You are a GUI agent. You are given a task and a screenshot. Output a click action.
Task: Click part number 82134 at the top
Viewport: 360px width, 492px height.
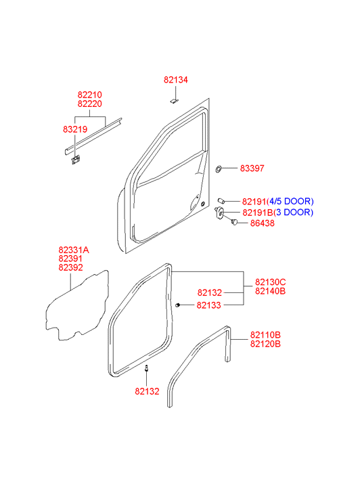click(x=176, y=80)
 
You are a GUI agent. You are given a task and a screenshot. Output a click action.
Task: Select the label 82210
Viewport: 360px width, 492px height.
click(x=90, y=95)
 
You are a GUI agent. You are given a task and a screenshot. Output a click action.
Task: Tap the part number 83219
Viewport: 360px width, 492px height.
click(x=75, y=129)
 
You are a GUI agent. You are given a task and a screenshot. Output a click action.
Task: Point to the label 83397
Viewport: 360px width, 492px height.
click(x=252, y=169)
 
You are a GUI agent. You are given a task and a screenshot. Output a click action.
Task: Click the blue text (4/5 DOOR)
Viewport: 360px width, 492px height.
click(x=290, y=201)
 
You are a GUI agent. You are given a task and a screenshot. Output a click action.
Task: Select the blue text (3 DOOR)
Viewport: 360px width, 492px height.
click(x=294, y=213)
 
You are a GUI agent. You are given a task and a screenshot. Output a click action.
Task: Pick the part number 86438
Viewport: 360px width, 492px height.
click(x=262, y=223)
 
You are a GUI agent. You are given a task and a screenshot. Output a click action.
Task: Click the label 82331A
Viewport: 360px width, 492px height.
click(x=74, y=250)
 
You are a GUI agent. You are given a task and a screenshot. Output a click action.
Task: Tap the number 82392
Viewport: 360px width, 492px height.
click(x=70, y=267)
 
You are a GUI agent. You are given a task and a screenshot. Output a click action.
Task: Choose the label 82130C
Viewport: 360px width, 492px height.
click(x=270, y=282)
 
